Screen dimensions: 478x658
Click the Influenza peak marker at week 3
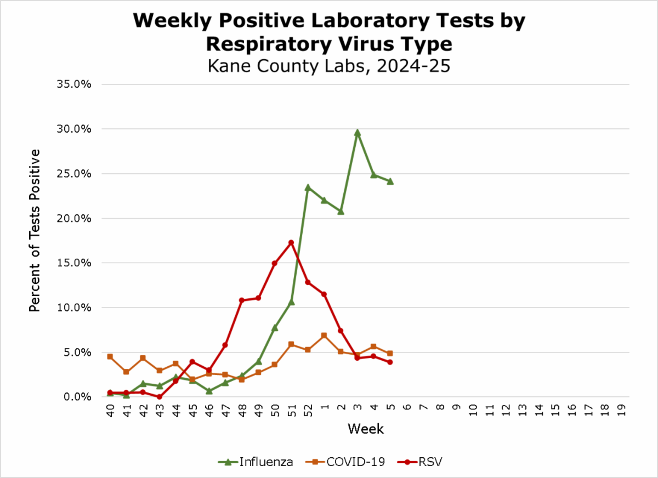point(357,133)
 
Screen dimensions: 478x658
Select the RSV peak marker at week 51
point(291,242)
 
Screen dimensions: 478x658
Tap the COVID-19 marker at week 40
point(110,356)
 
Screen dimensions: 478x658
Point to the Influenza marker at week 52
point(308,187)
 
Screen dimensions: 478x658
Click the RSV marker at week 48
point(242,300)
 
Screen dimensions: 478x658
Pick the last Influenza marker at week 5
point(390,181)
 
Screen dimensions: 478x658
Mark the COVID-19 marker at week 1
point(324,335)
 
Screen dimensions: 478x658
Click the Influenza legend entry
point(256,462)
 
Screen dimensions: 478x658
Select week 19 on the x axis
point(621,410)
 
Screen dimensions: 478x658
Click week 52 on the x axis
point(308,410)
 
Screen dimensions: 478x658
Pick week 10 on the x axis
point(473,410)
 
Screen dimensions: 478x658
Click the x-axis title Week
point(365,428)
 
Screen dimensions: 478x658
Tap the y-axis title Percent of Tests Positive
point(35,230)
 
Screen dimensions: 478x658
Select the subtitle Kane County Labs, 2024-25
point(329,66)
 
